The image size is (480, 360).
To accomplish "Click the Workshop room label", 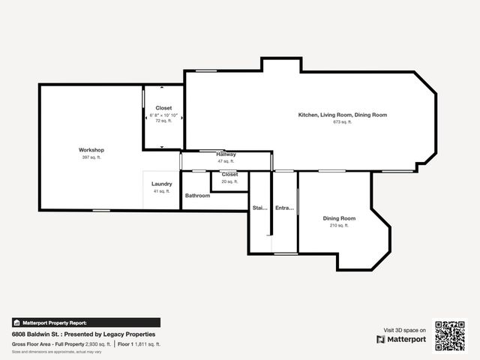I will point(91,150).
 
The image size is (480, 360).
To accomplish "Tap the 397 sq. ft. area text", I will point(91,157).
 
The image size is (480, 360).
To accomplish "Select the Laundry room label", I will point(162,184).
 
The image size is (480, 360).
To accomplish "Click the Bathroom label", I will point(197,196).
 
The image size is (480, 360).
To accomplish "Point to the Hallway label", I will point(226,154).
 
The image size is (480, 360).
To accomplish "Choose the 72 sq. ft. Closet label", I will point(163,108).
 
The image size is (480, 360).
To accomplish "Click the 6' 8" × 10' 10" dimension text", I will point(163,115).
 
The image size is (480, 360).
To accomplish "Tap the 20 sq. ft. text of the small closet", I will point(229,181).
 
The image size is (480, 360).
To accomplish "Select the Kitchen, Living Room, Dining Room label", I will point(343,115).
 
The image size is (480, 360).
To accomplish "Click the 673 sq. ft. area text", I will point(343,121).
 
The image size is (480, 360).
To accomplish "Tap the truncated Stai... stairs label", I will point(259,208).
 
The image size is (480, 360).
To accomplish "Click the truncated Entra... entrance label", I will point(284,208).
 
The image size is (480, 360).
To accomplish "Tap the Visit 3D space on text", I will point(405,330).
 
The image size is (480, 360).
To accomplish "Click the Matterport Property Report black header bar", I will point(85,322).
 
